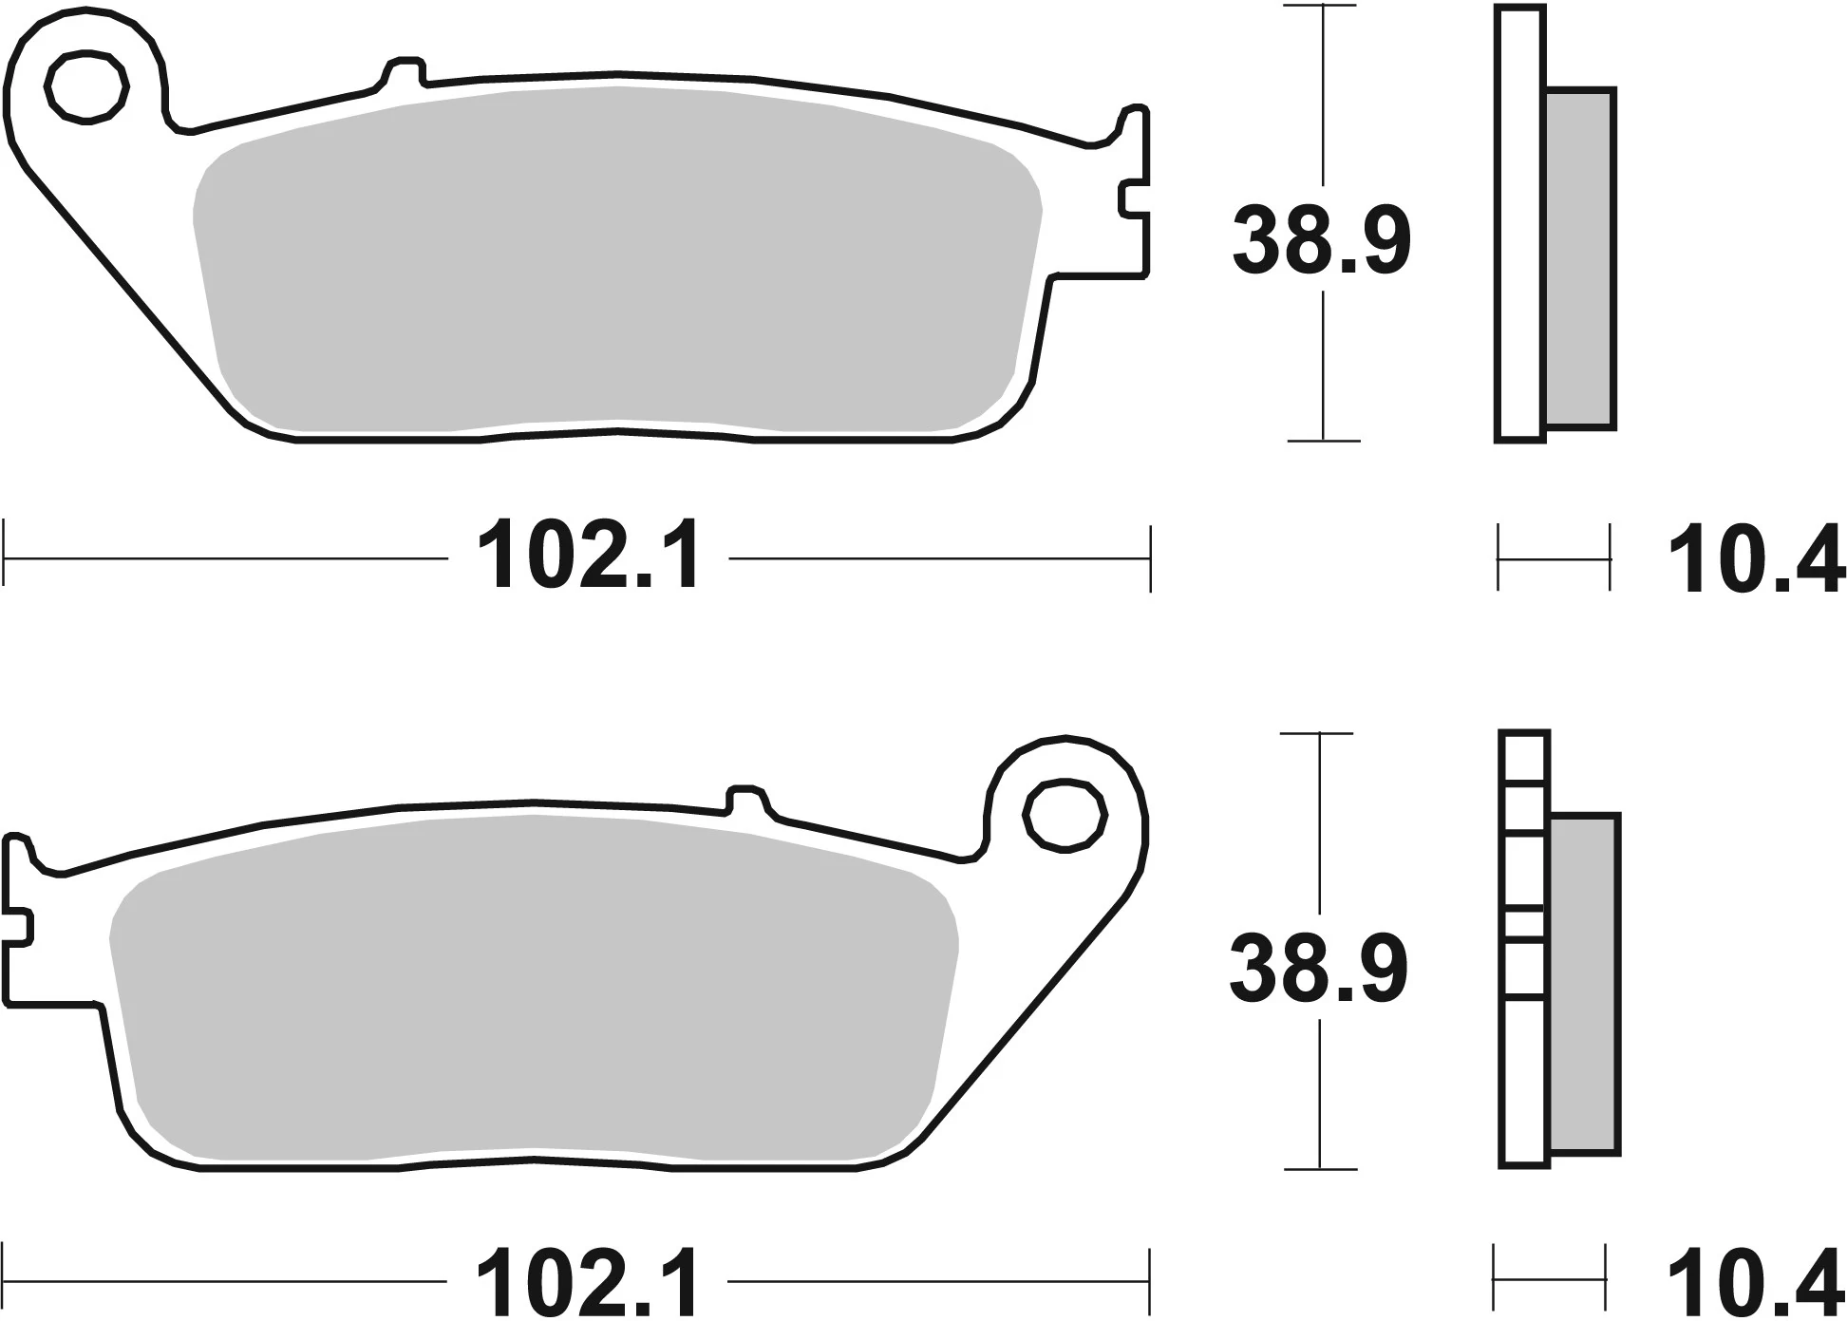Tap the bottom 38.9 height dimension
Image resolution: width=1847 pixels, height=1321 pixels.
1318,969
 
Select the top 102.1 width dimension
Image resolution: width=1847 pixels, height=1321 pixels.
590,558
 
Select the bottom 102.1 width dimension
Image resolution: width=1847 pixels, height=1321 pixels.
588,1281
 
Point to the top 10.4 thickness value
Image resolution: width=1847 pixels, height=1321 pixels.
1755,560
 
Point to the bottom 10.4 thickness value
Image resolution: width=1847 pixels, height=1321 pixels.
1755,1281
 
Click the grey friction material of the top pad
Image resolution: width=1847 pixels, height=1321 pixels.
617,256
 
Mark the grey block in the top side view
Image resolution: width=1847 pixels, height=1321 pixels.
1580,256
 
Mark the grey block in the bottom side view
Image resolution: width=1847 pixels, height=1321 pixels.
1584,983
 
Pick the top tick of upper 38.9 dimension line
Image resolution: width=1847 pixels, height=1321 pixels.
1322,7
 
